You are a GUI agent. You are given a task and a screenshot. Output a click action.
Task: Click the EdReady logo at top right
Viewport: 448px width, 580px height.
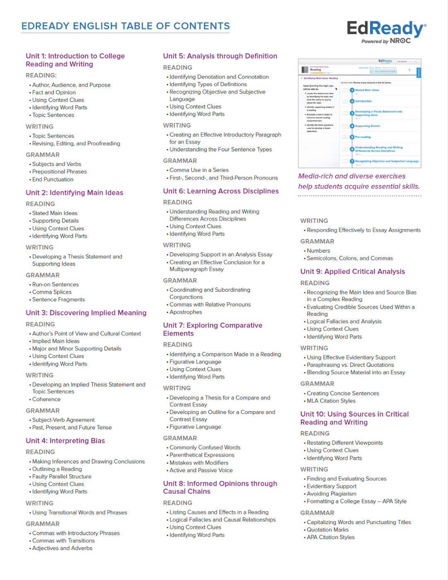386,31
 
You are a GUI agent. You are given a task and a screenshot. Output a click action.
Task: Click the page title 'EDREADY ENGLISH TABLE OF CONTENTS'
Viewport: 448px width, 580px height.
125,26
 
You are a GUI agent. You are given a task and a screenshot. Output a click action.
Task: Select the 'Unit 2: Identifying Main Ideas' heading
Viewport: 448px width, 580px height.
75,193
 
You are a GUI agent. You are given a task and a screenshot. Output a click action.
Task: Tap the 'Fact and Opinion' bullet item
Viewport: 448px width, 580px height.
54,92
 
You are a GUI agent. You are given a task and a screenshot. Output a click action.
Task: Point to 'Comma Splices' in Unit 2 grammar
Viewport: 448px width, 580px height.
52,292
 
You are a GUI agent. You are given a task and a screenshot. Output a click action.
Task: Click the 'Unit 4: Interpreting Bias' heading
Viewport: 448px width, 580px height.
65,441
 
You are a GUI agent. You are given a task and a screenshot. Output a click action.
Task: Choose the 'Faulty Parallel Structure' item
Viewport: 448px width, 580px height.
62,476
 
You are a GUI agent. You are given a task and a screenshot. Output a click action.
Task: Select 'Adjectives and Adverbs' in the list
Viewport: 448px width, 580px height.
62,548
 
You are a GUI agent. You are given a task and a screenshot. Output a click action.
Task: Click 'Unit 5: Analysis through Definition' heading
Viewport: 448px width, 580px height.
220,56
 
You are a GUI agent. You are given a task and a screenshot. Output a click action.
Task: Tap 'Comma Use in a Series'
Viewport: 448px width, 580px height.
199,170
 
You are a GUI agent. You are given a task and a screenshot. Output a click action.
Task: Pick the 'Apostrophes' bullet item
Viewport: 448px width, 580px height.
186,312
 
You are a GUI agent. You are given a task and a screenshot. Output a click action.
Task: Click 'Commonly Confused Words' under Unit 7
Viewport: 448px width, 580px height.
205,447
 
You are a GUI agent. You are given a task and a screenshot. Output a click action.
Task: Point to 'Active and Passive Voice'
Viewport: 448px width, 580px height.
201,470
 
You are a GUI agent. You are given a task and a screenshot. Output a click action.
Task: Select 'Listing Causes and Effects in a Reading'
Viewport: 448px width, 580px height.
219,512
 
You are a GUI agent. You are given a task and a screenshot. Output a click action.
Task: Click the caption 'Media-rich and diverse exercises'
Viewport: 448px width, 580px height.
352,176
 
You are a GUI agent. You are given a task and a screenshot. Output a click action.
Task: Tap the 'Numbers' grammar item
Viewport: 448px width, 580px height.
318,251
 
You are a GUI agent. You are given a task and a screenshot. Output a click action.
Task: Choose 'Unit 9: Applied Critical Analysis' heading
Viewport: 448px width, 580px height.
353,272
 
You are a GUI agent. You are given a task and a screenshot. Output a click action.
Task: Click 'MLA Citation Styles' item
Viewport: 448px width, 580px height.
331,401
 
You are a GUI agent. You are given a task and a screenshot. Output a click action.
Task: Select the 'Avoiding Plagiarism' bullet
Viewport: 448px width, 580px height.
332,494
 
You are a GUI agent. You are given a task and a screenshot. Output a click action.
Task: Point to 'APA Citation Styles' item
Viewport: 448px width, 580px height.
331,537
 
